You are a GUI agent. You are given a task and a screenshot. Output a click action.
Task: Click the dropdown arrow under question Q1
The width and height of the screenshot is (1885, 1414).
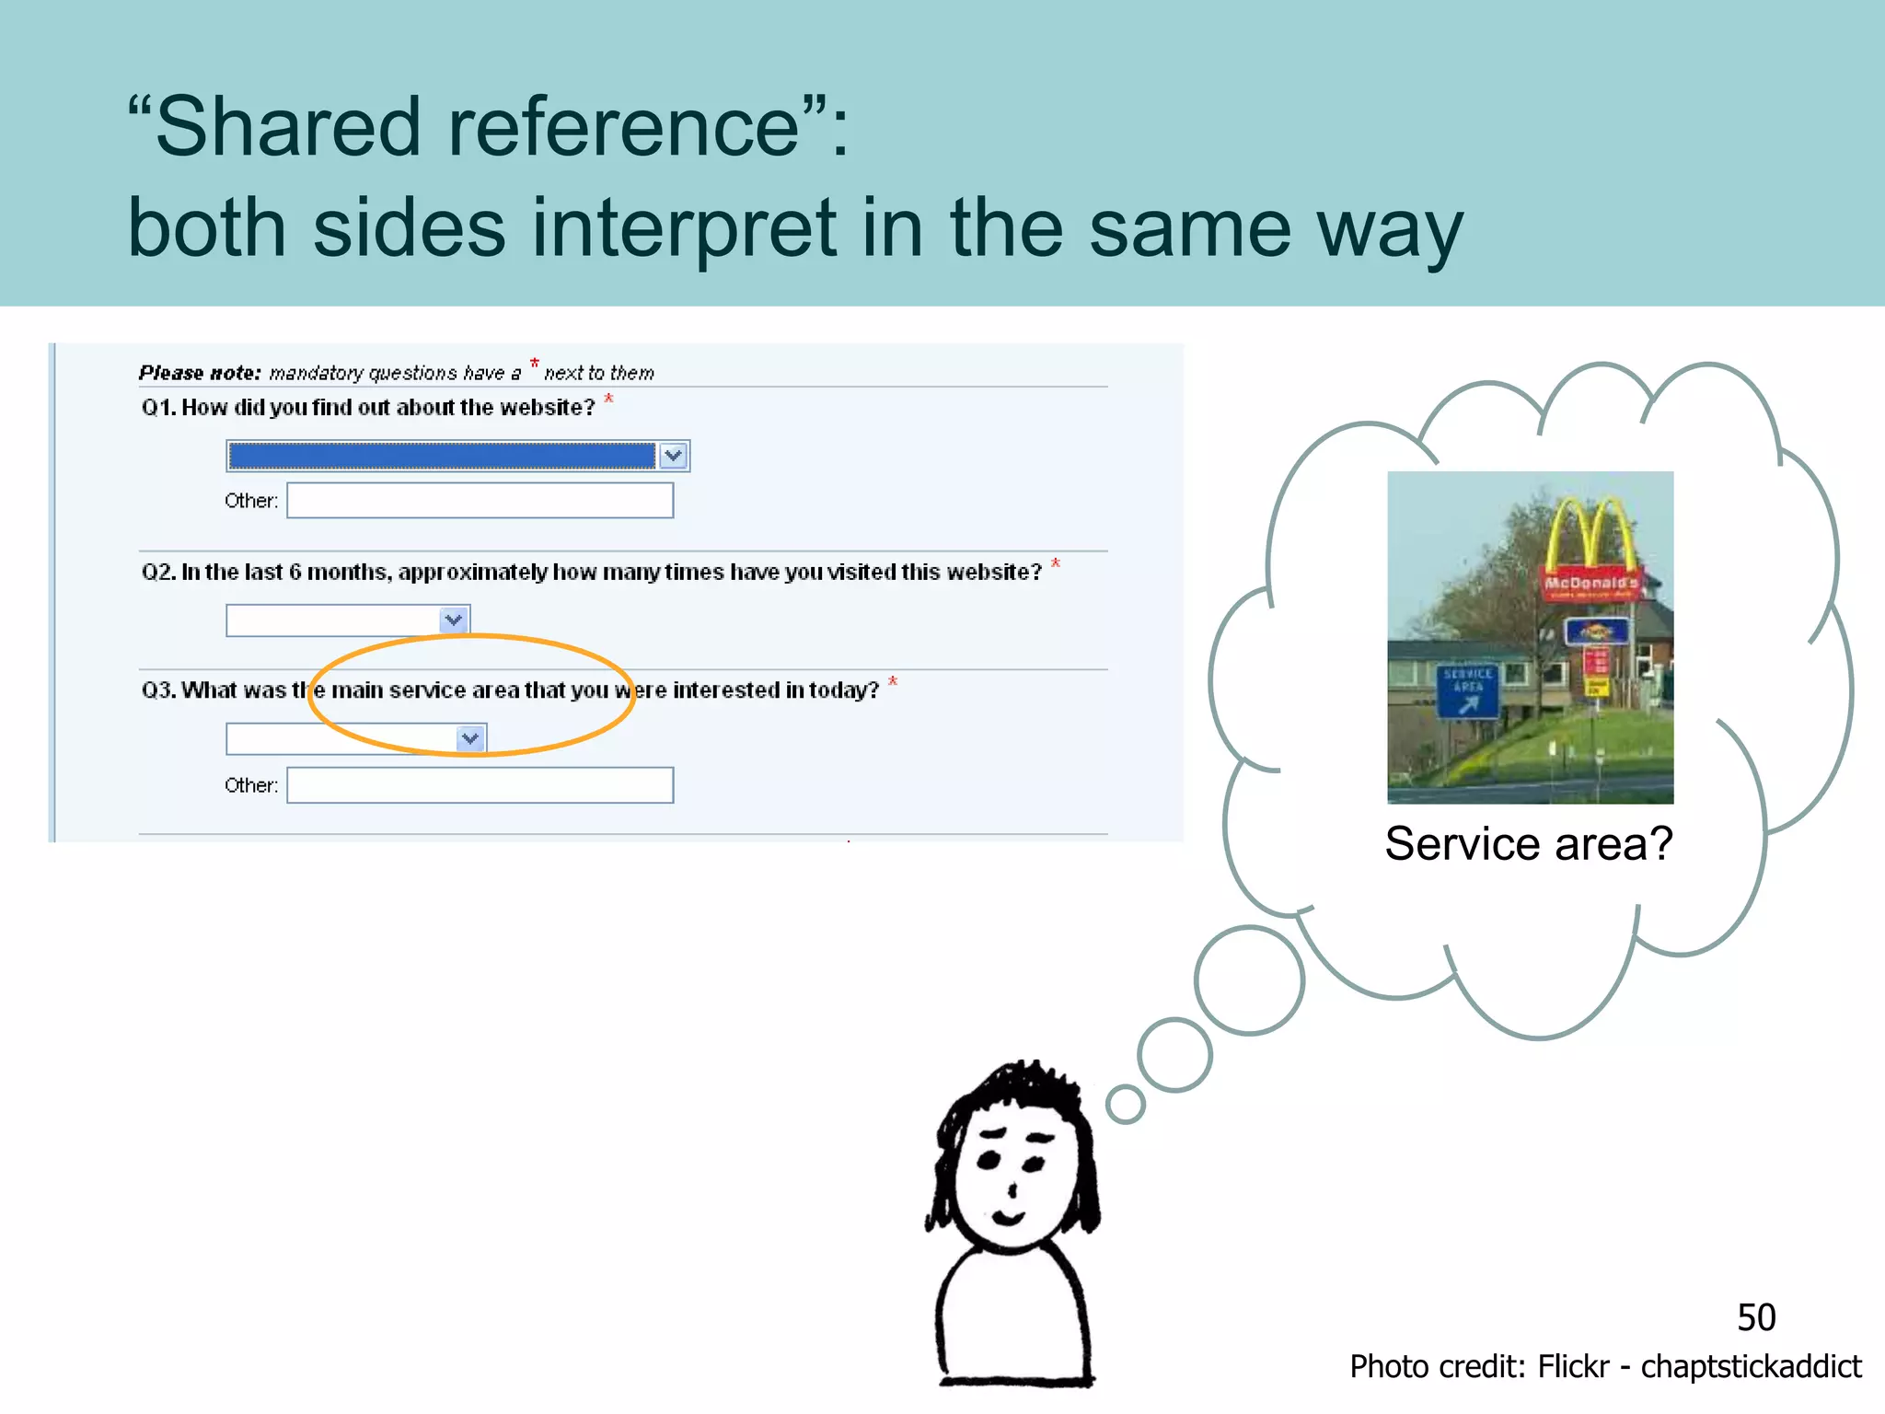[x=674, y=456]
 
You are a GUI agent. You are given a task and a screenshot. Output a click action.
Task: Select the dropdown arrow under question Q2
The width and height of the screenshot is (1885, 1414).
[x=454, y=620]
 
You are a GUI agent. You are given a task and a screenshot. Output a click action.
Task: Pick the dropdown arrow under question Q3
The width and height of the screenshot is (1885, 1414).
[x=470, y=738]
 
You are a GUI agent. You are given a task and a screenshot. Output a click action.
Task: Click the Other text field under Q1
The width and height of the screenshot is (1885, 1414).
[x=480, y=501]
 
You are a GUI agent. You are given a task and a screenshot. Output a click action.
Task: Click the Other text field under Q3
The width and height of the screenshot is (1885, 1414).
[x=480, y=785]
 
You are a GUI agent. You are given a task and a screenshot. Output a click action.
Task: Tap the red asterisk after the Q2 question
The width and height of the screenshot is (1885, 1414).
[x=1056, y=563]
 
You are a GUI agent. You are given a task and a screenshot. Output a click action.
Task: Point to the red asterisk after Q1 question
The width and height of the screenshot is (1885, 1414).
[x=608, y=399]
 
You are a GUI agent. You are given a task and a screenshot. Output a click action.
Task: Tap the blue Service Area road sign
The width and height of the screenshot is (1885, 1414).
[x=1467, y=690]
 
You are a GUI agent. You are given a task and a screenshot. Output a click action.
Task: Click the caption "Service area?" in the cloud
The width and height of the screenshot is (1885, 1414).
[x=1529, y=843]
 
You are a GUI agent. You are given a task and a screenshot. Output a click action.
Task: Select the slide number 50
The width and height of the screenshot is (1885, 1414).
[x=1756, y=1317]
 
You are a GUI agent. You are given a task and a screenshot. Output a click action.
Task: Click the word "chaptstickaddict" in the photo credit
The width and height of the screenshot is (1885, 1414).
[x=1751, y=1367]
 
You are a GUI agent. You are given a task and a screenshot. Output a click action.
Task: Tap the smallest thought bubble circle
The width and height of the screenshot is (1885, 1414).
[x=1125, y=1104]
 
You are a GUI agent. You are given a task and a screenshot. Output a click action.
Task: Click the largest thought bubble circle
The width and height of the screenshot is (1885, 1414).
[x=1249, y=981]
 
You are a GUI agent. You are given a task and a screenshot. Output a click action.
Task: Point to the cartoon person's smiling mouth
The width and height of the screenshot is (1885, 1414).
[x=1009, y=1218]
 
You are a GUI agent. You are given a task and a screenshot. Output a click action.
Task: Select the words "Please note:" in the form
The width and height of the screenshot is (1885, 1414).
[x=200, y=373]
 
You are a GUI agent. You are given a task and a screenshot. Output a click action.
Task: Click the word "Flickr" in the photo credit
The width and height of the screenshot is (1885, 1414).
[x=1574, y=1367]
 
